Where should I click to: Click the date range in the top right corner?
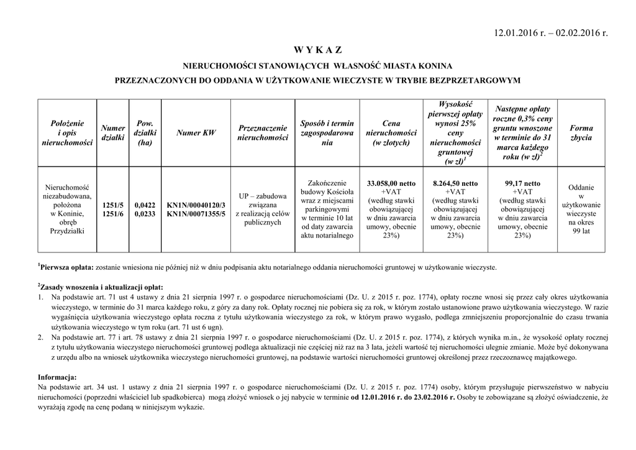coord(550,32)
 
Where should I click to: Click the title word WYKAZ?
coord(317,50)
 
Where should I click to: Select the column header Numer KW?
coord(196,132)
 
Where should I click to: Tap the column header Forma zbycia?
coord(581,132)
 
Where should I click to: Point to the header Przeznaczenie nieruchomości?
coord(263,132)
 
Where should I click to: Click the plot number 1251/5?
coord(113,204)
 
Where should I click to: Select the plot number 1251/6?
coord(113,214)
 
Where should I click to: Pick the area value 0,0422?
coord(145,204)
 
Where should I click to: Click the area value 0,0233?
coord(145,214)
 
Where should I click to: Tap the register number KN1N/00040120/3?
coord(196,204)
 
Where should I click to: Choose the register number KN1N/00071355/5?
coord(196,214)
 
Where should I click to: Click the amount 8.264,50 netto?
coord(455,183)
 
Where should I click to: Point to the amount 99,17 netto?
coord(523,183)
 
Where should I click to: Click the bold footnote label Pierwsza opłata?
coord(66,267)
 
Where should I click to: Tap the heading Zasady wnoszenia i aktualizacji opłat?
coord(101,287)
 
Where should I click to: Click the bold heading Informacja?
coord(57,377)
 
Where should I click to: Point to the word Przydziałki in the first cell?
coord(68,231)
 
